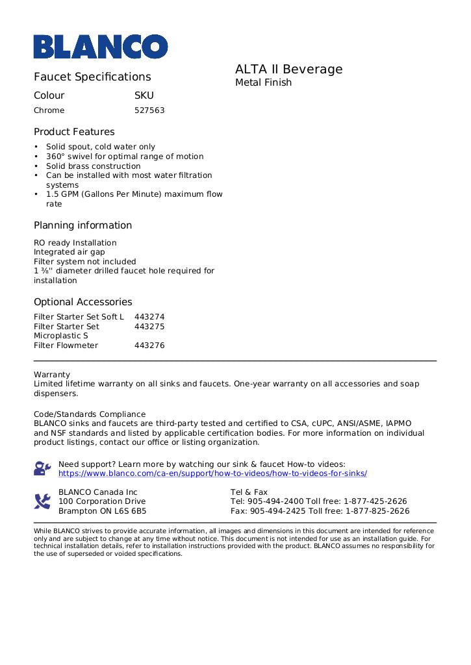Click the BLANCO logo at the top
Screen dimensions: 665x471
(101, 47)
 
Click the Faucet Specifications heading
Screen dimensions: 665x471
(92, 77)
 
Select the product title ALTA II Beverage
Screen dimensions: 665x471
(288, 69)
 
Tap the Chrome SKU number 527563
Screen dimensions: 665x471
(149, 110)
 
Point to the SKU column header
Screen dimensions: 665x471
(144, 95)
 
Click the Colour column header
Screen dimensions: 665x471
(49, 95)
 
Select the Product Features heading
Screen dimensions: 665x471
(74, 132)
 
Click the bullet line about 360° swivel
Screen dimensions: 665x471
(124, 157)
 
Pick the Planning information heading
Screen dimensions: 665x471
(83, 225)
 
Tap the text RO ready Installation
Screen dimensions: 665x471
(75, 243)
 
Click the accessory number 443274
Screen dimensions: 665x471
(149, 317)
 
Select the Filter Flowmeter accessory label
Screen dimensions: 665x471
(66, 345)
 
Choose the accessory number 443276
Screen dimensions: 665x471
(149, 345)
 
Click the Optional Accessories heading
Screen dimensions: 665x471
(83, 302)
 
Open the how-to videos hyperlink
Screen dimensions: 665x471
(212, 473)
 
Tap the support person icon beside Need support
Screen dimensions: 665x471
(42, 468)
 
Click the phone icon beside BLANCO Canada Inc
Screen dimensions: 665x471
(42, 501)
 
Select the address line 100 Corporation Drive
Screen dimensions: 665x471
(102, 501)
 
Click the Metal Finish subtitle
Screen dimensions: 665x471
(263, 82)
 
